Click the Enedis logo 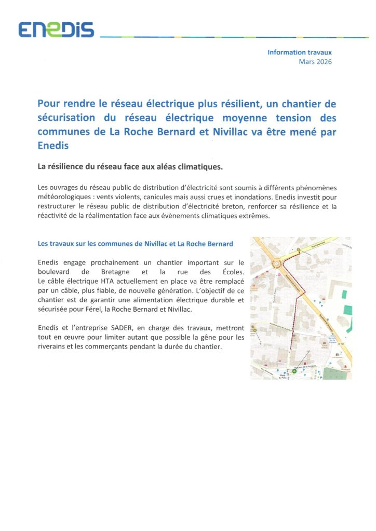pos(56,30)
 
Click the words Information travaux pos(299,52)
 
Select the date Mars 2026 pos(315,62)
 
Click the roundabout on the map pos(277,263)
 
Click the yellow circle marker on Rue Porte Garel pos(299,251)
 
